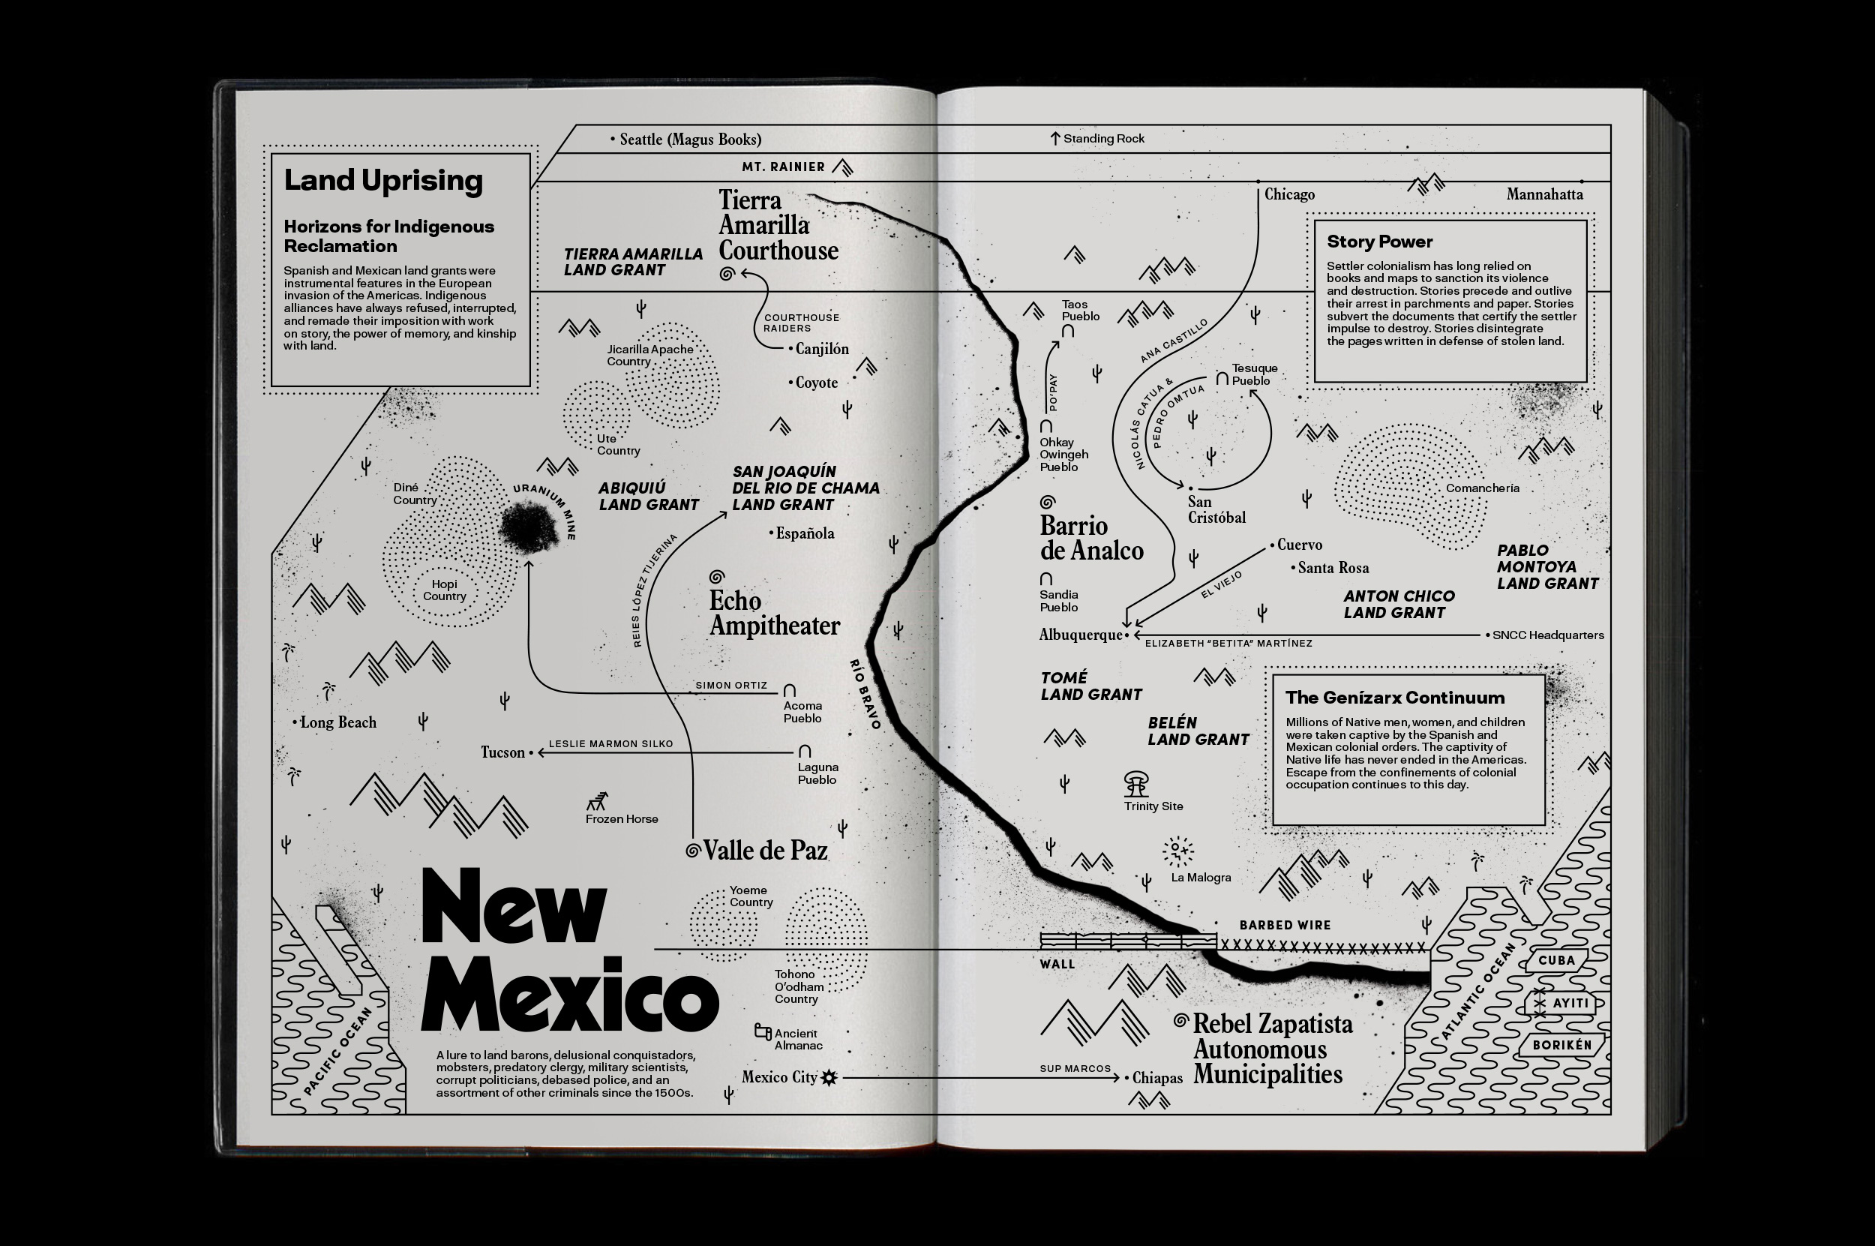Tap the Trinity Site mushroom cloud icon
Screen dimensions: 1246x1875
point(1136,783)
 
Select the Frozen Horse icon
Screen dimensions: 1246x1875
point(598,801)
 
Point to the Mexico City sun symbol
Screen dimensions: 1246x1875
point(829,1077)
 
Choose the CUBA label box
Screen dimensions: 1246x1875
point(1555,960)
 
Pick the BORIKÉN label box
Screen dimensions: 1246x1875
point(1562,1045)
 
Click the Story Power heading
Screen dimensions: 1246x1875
point(1379,242)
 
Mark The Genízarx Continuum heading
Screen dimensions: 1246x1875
point(1394,698)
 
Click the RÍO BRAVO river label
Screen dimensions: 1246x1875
point(865,694)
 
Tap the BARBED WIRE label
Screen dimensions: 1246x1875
point(1285,925)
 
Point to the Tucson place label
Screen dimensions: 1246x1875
point(503,752)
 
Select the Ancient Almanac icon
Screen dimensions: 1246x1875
point(763,1031)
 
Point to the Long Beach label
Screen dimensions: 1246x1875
point(337,722)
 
